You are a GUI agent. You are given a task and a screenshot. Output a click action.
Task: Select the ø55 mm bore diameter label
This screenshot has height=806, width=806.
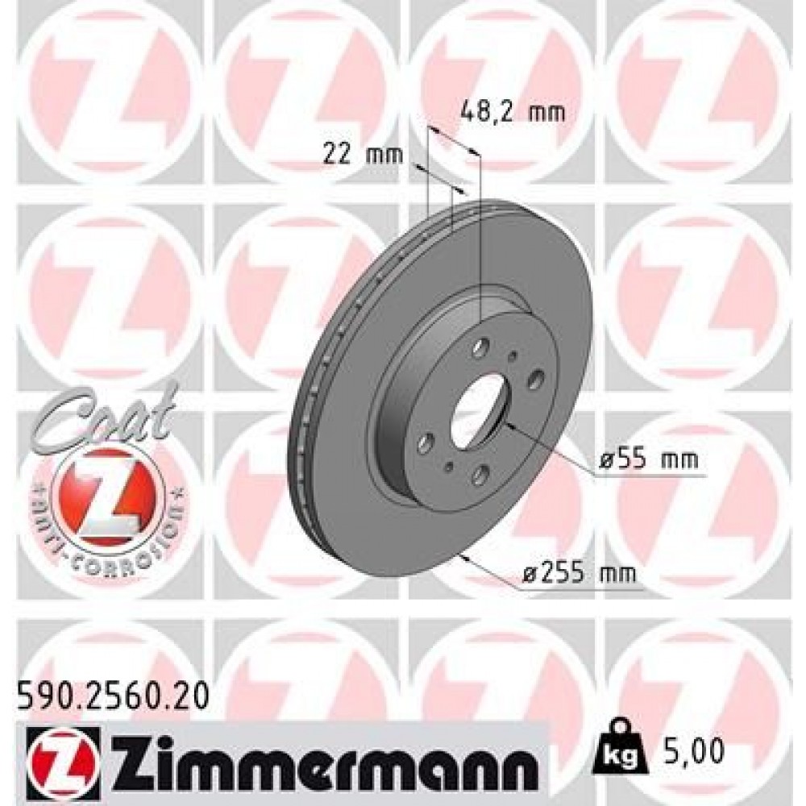click(x=649, y=461)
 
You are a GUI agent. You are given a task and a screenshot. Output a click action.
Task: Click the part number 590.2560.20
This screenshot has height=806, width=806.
click(x=111, y=692)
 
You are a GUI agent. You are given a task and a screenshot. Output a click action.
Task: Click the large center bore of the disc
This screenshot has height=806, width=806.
click(x=476, y=406)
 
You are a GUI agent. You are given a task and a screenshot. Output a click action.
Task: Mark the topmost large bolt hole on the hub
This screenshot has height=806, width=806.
click(x=481, y=347)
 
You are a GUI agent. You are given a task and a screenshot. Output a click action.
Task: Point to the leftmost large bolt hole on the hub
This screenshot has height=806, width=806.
click(x=427, y=440)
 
